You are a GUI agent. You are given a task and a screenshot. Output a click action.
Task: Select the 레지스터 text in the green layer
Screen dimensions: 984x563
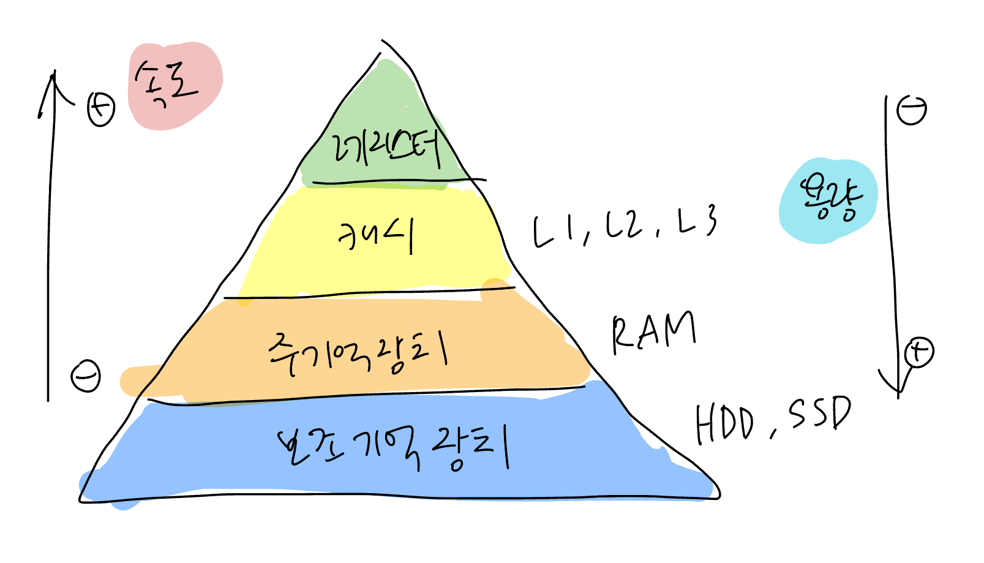click(385, 149)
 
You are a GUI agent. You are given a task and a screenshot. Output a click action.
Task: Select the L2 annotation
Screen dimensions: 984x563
click(624, 225)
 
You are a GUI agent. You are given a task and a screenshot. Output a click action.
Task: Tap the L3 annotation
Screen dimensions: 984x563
click(696, 222)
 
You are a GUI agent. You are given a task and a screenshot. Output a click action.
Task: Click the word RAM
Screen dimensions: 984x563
click(653, 333)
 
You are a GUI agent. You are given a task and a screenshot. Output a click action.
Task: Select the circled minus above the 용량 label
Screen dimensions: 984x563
click(911, 110)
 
